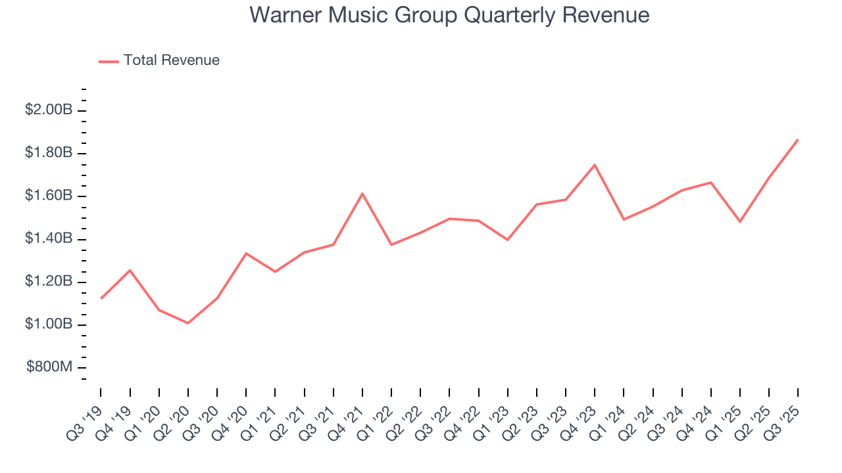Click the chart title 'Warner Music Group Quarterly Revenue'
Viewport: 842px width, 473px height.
click(x=450, y=15)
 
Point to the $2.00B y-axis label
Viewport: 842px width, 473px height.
click(x=49, y=110)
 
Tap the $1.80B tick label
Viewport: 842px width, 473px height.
click(x=49, y=153)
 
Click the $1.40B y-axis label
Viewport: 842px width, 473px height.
click(x=49, y=238)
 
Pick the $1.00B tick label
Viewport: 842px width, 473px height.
click(x=49, y=325)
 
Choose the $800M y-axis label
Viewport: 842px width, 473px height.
click(x=49, y=367)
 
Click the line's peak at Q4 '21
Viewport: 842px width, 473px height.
click(x=362, y=193)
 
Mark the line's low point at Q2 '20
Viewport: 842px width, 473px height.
click(x=188, y=323)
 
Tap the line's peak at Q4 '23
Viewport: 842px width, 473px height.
click(x=595, y=165)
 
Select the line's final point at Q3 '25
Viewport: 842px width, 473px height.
click(x=798, y=139)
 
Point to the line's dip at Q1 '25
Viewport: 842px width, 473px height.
click(x=740, y=221)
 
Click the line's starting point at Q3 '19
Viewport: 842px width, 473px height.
click(x=101, y=298)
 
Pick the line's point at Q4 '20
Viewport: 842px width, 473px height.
click(x=246, y=253)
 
